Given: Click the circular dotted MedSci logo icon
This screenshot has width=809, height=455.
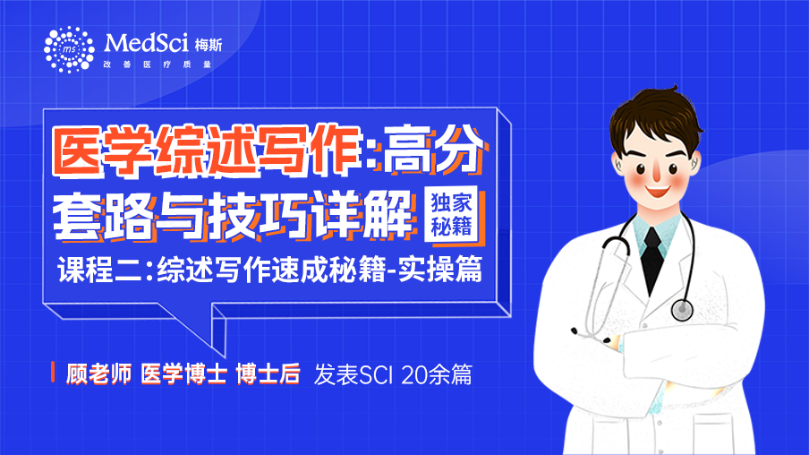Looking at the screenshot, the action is pyautogui.click(x=69, y=49).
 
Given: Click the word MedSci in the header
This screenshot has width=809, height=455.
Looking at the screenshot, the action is pyautogui.click(x=146, y=43).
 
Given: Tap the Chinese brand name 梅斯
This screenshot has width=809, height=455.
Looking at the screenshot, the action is pyautogui.click(x=209, y=46).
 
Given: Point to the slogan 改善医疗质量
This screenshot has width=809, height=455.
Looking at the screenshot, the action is pyautogui.click(x=158, y=64).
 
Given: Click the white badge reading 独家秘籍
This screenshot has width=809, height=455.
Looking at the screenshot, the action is pyautogui.click(x=451, y=214).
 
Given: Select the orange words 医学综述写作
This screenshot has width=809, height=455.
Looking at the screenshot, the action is pyautogui.click(x=208, y=150).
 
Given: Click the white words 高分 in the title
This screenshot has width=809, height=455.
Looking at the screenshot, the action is pyautogui.click(x=433, y=150).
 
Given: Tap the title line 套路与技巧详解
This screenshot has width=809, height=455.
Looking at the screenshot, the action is pyautogui.click(x=234, y=215).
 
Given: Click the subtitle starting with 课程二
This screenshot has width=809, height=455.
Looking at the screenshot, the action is pyautogui.click(x=270, y=269).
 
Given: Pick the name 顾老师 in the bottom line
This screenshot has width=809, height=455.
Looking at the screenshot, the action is pyautogui.click(x=99, y=373).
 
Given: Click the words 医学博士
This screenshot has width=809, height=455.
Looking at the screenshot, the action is pyautogui.click(x=183, y=373).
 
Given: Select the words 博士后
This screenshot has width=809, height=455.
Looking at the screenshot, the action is pyautogui.click(x=268, y=373).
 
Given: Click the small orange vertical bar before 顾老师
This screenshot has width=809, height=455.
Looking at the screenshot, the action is pyautogui.click(x=53, y=373).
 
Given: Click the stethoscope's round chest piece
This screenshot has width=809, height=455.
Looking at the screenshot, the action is pyautogui.click(x=682, y=309).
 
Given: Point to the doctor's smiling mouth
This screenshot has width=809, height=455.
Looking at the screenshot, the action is pyautogui.click(x=658, y=193).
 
